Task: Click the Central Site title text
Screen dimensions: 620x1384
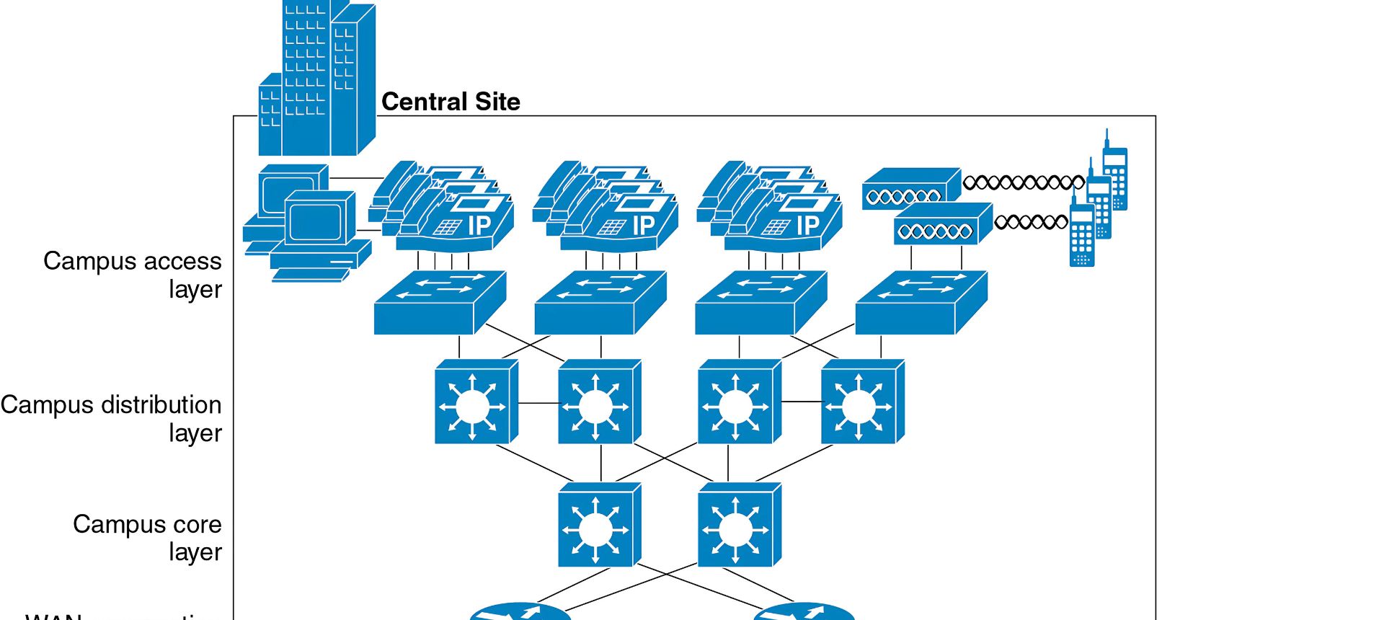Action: pos(451,102)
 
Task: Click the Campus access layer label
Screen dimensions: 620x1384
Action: pos(133,275)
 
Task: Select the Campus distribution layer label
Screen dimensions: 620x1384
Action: pos(111,418)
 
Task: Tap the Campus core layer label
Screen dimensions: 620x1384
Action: pos(147,537)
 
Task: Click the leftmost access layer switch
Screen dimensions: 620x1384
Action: pos(439,304)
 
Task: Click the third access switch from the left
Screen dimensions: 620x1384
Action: pos(760,304)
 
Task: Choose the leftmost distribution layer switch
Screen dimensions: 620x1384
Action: pos(475,402)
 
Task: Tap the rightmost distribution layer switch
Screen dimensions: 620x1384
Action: pos(861,402)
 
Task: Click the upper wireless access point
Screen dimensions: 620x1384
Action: pos(910,190)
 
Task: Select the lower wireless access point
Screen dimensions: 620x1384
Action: pos(942,224)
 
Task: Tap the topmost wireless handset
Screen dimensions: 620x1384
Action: pos(1114,177)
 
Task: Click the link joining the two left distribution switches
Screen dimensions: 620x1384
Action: pos(538,403)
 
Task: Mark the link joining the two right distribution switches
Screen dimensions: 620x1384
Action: pos(801,402)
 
